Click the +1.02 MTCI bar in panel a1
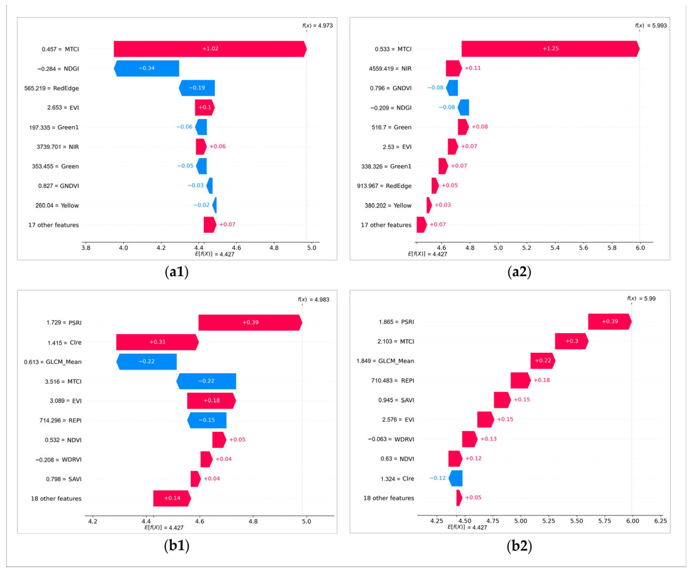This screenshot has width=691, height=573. click(210, 49)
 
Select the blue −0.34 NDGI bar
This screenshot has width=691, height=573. click(146, 68)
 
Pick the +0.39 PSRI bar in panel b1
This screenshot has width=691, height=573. click(250, 322)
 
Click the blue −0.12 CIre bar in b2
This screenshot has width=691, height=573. click(455, 478)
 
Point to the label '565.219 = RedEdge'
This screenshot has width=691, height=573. click(51, 88)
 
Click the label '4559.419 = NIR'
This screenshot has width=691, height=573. click(390, 68)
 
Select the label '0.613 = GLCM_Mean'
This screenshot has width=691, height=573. click(53, 362)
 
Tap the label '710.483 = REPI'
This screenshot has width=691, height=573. click(392, 381)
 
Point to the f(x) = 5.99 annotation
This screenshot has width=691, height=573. click(641, 298)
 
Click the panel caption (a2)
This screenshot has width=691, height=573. click(519, 272)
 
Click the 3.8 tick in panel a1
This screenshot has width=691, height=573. click(86, 248)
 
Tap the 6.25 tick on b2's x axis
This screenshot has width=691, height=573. click(660, 521)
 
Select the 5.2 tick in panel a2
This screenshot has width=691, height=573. click(527, 248)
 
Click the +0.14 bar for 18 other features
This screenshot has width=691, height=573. click(172, 498)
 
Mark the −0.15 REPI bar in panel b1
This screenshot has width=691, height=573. click(207, 420)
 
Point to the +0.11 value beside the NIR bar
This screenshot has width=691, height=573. click(472, 68)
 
